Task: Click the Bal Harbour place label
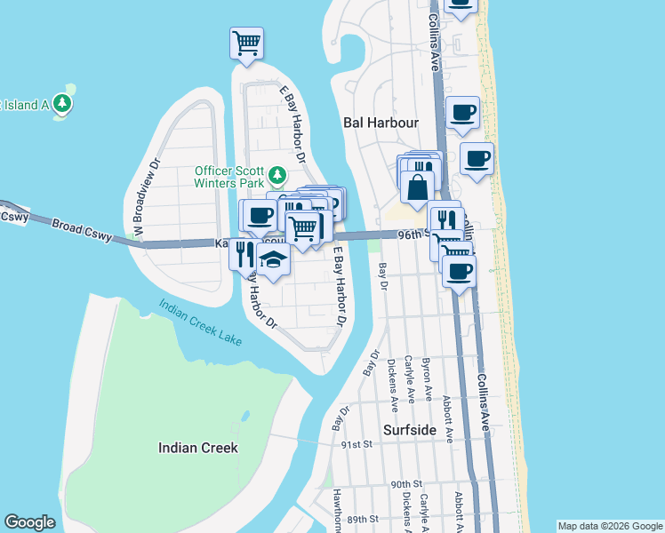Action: pyautogui.click(x=381, y=123)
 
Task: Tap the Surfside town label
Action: pyautogui.click(x=410, y=429)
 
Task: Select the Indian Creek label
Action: pyautogui.click(x=197, y=448)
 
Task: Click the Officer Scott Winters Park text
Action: pyautogui.click(x=231, y=177)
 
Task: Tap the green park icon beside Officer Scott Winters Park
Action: pyautogui.click(x=277, y=174)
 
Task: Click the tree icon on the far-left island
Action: pyautogui.click(x=62, y=104)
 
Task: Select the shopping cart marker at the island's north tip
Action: pyautogui.click(x=246, y=43)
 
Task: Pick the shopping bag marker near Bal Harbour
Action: pyautogui.click(x=417, y=187)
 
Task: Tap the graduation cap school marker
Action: pyautogui.click(x=274, y=260)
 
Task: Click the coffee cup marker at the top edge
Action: pyautogui.click(x=460, y=4)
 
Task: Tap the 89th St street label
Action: pyautogui.click(x=362, y=518)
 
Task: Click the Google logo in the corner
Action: pyautogui.click(x=29, y=522)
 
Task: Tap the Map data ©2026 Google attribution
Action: pyautogui.click(x=610, y=526)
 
